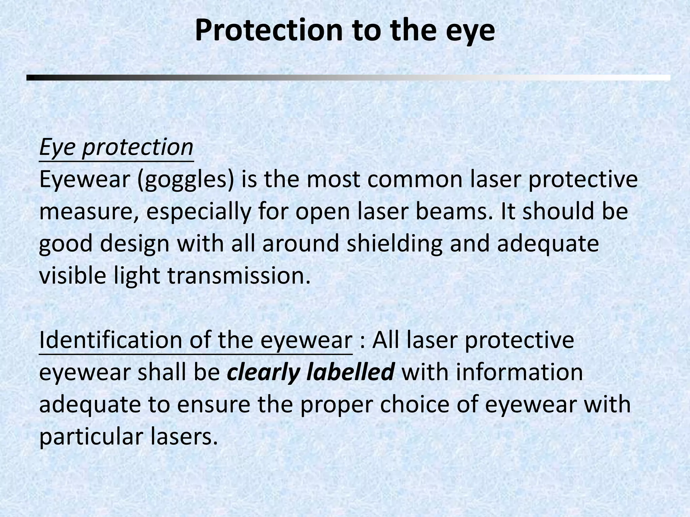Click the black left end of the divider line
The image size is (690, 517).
pyautogui.click(x=31, y=78)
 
